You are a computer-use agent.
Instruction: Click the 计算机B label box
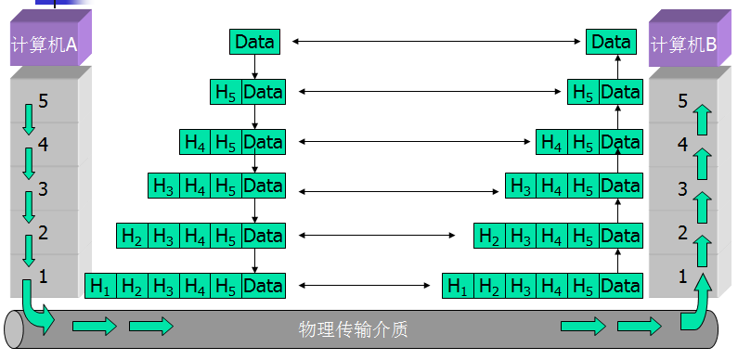tap(684, 43)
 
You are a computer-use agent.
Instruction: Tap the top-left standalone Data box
tap(254, 41)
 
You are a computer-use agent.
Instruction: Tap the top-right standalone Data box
tap(611, 41)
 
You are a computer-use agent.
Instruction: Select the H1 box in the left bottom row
tap(100, 286)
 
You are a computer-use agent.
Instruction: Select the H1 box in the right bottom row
tap(458, 286)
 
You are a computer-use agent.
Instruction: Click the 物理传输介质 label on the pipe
tap(354, 329)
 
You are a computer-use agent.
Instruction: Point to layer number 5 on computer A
tap(43, 101)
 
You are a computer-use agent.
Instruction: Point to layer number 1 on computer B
tap(683, 276)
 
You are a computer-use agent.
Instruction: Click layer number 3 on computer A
tap(43, 189)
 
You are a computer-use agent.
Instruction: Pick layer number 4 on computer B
tap(683, 144)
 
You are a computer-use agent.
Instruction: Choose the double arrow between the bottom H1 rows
tap(363, 286)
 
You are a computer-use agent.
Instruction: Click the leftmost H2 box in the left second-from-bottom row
tap(132, 236)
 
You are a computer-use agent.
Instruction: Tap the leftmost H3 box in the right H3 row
tap(521, 186)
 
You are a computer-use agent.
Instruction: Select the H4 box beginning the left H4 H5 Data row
tap(195, 142)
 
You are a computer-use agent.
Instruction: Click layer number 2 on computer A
tap(43, 233)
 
